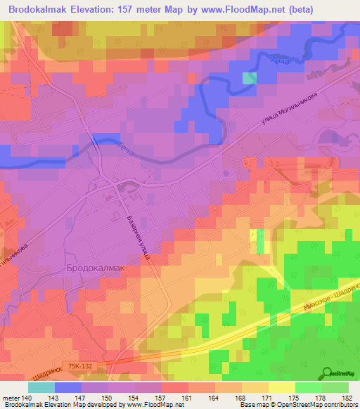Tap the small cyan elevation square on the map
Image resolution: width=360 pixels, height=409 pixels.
coord(249,78)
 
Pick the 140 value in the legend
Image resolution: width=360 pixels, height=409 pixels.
coord(28,398)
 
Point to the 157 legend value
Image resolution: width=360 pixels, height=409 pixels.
coord(162,398)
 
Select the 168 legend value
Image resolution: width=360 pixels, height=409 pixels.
coord(242,398)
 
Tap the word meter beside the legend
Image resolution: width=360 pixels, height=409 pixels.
coord(11,398)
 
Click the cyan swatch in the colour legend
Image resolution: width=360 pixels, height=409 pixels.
coord(41,387)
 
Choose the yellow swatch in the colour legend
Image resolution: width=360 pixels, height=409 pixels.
coord(282,387)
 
